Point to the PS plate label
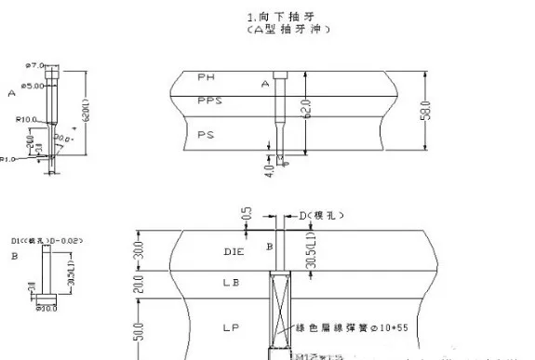click(206, 135)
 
